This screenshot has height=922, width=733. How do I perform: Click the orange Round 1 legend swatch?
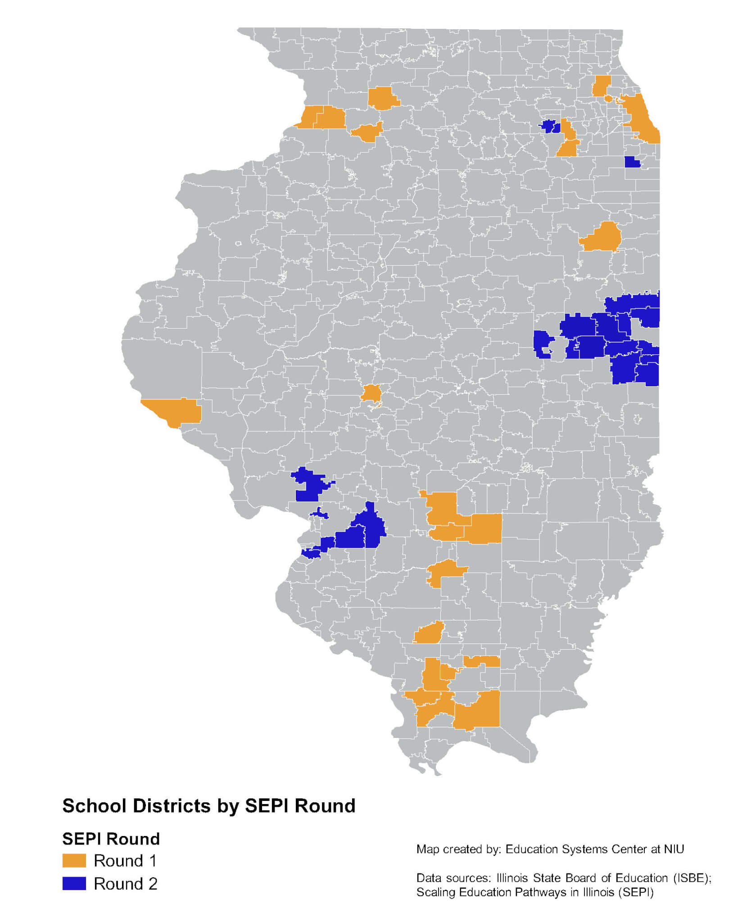[74, 860]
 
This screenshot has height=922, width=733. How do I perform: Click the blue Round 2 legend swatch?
[74, 883]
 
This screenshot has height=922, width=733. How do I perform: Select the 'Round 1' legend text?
[125, 860]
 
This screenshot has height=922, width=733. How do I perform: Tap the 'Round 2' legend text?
[125, 884]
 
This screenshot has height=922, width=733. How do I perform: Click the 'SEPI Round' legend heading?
[111, 839]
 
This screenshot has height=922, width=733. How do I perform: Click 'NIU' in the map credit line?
[674, 849]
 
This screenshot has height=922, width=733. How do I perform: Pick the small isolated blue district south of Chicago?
[632, 162]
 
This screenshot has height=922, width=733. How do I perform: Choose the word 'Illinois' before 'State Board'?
[513, 878]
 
